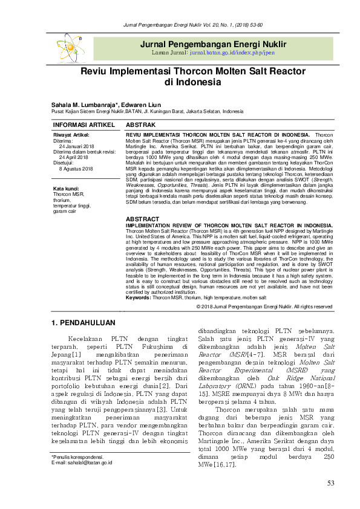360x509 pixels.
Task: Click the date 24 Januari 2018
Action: click(x=76, y=146)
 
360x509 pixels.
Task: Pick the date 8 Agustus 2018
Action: click(x=76, y=169)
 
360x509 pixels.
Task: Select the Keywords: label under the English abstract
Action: click(x=139, y=298)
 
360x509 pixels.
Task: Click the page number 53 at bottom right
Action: click(x=330, y=482)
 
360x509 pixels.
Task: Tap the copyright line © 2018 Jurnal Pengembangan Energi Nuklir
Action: click(x=264, y=306)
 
